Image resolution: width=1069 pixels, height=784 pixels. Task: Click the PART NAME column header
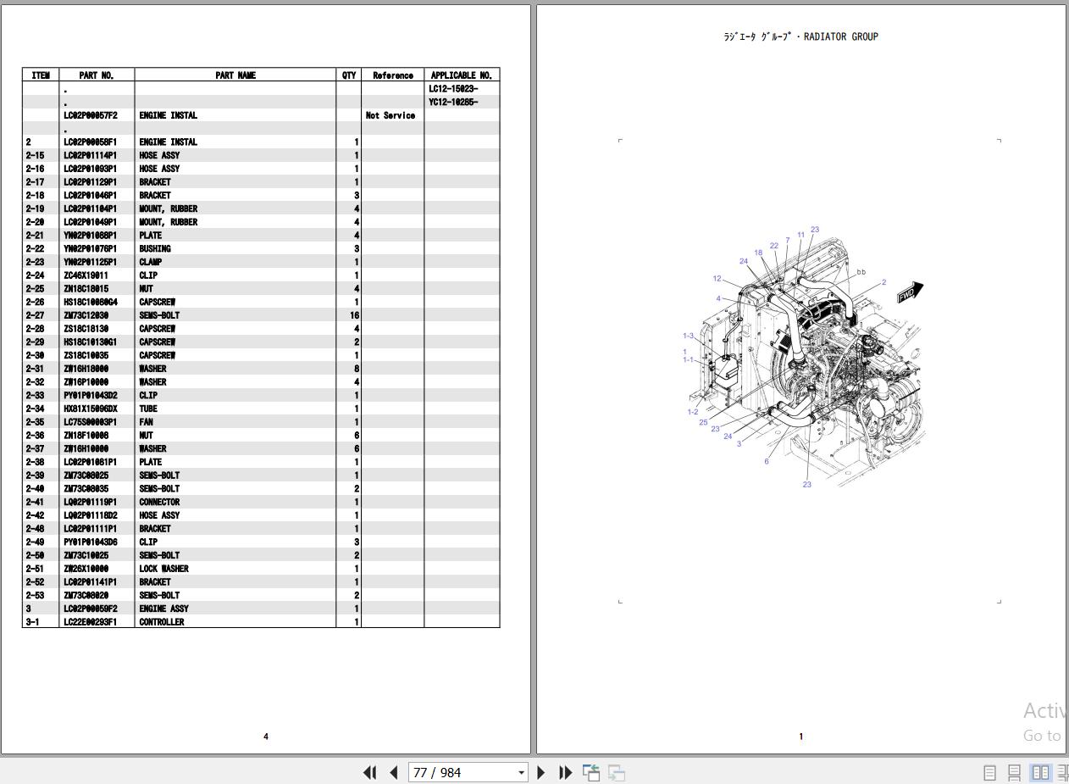[x=235, y=75]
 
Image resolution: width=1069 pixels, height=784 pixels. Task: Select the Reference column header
[x=392, y=75]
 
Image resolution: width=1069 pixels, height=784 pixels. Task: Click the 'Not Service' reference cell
[x=390, y=115]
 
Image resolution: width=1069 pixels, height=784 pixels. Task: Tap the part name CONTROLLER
[x=161, y=622]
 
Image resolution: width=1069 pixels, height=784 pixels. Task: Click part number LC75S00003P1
[x=90, y=422]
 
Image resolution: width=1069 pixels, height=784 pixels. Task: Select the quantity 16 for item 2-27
[x=354, y=315]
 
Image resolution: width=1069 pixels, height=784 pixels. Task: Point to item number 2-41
[x=35, y=502]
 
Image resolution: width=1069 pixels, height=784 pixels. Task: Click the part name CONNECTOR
[x=159, y=502]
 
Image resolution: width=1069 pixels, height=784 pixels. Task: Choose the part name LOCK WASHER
[x=163, y=569]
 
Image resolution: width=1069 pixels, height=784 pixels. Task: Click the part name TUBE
[x=148, y=409]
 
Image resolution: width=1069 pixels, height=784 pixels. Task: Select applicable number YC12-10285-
[x=452, y=102]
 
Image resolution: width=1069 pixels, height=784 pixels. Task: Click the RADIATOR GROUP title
[x=800, y=36]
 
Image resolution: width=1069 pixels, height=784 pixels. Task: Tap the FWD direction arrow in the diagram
[x=910, y=293]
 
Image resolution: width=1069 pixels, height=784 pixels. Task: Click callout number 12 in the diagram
[x=717, y=278]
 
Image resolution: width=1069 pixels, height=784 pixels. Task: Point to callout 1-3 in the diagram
[x=688, y=336]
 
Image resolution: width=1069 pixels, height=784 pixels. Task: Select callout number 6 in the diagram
[x=767, y=461]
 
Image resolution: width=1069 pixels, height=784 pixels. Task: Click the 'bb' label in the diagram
[x=861, y=272]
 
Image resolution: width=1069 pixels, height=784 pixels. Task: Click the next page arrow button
[x=541, y=772]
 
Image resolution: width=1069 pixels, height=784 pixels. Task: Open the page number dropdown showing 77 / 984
[x=521, y=772]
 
